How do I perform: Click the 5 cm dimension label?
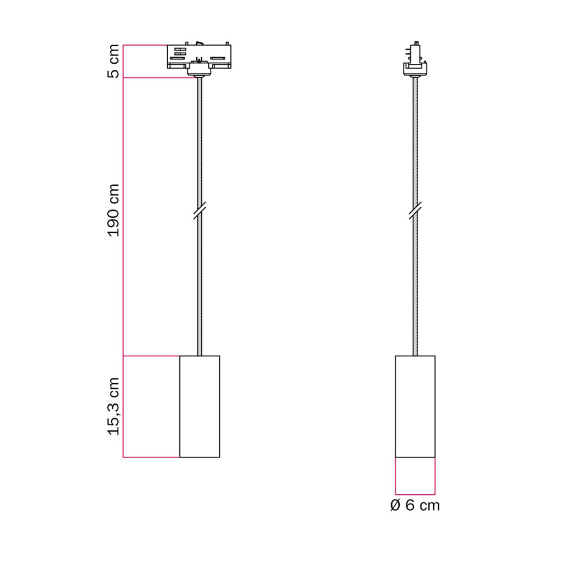point(113,61)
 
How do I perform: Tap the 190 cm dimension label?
point(113,211)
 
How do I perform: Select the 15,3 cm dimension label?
point(113,406)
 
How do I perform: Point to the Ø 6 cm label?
point(415,505)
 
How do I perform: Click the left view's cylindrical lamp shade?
point(200,406)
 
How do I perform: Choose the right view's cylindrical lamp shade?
point(415,406)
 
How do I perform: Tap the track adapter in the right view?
point(415,59)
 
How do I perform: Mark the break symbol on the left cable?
point(200,211)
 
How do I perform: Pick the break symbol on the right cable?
point(415,211)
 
